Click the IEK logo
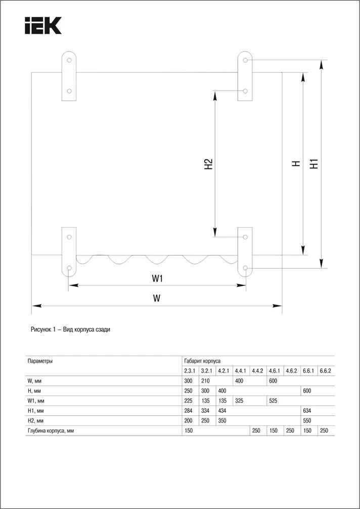click(x=43, y=26)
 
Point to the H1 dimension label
click(x=313, y=163)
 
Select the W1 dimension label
click(x=157, y=278)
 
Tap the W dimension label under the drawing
click(x=157, y=299)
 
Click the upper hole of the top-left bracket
click(x=69, y=60)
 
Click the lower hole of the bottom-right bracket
click(x=245, y=268)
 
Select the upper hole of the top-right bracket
click(x=245, y=60)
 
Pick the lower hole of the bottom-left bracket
click(x=69, y=268)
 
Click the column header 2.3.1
click(x=190, y=371)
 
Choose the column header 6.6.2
click(x=325, y=371)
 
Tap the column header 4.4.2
click(x=257, y=371)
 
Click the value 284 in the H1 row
click(x=188, y=411)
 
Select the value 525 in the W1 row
click(x=273, y=401)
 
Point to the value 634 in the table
click(x=307, y=411)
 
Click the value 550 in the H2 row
click(x=307, y=420)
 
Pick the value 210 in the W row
click(x=205, y=381)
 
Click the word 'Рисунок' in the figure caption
click(x=41, y=329)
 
